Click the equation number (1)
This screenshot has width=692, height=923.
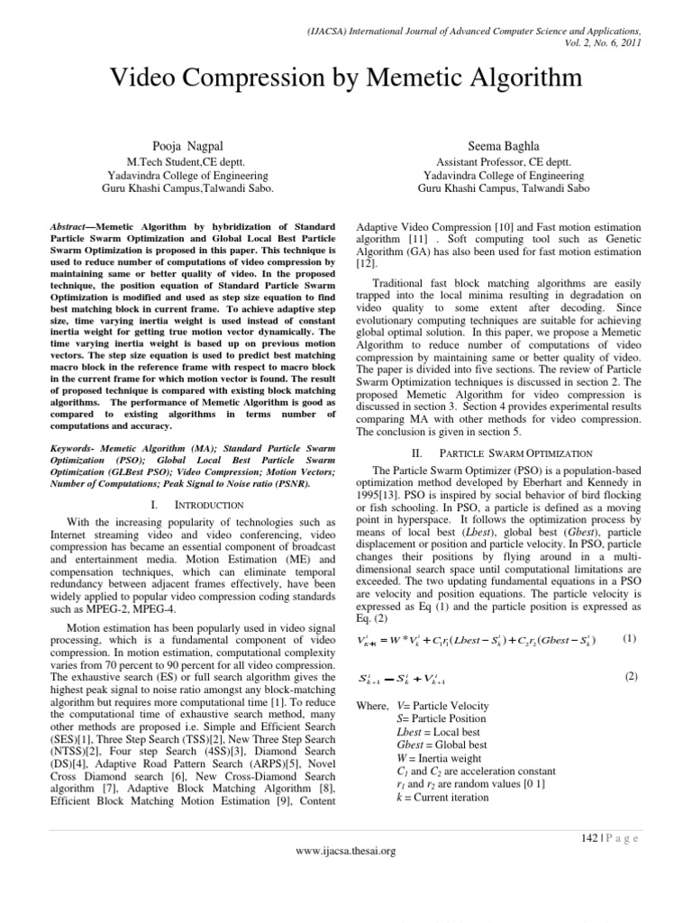click(630, 639)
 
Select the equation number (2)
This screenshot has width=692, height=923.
click(630, 676)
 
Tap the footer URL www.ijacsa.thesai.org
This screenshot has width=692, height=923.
click(346, 850)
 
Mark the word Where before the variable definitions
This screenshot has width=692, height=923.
click(370, 705)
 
